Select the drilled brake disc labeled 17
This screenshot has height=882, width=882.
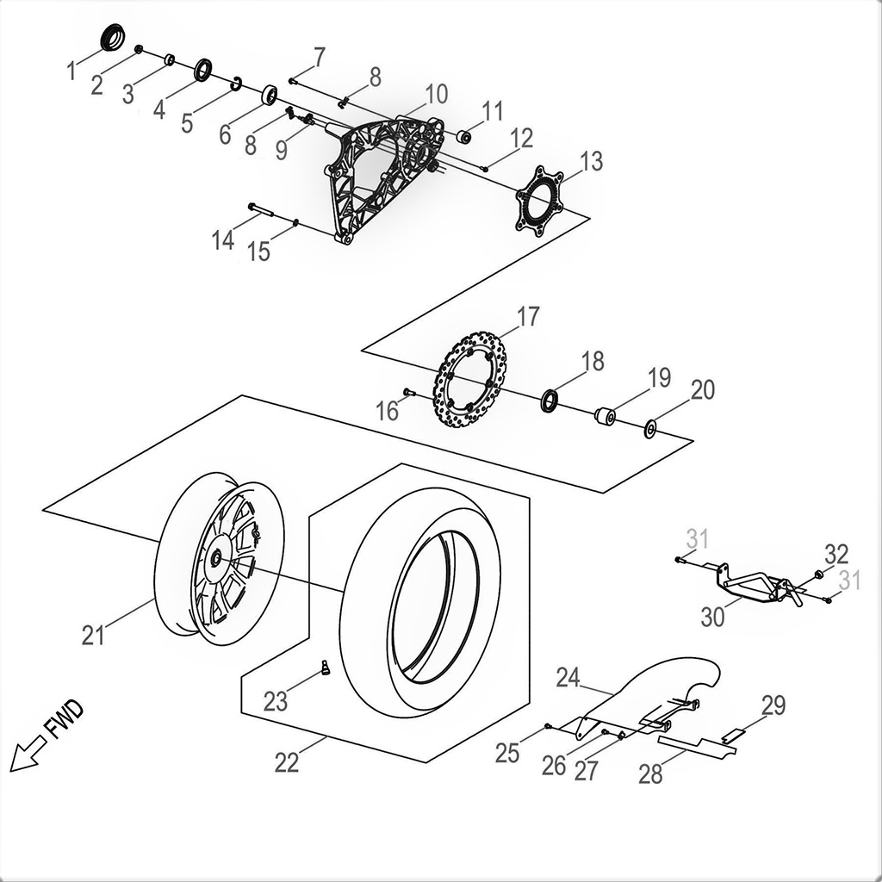pyautogui.click(x=469, y=380)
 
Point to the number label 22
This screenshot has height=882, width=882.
pyautogui.click(x=287, y=762)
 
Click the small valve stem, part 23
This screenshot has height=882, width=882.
pyautogui.click(x=326, y=668)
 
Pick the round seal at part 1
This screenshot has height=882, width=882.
pyautogui.click(x=112, y=39)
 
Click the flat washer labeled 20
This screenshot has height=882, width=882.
pyautogui.click(x=650, y=428)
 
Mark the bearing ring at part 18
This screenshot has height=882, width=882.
pyautogui.click(x=549, y=401)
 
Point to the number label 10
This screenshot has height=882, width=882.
pyautogui.click(x=436, y=93)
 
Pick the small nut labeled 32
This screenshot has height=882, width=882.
pyautogui.click(x=818, y=575)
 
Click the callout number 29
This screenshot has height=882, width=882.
pyautogui.click(x=773, y=706)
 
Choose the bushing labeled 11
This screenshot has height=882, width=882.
pyautogui.click(x=463, y=135)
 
